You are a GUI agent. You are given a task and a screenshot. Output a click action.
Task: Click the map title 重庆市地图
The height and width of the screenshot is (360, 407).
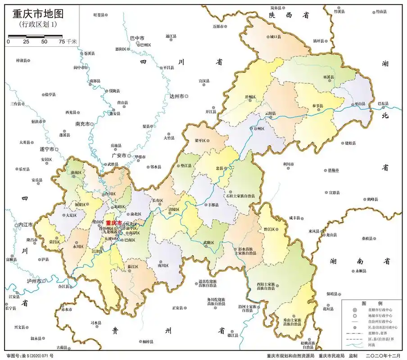(35, 13)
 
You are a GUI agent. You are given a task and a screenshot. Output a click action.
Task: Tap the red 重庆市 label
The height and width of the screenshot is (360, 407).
(113, 223)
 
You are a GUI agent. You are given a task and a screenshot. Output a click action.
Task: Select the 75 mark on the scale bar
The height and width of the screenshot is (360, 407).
(62, 41)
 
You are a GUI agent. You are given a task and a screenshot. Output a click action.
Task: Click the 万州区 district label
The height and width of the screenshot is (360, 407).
(258, 129)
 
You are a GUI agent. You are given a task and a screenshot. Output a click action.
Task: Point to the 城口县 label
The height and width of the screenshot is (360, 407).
(275, 37)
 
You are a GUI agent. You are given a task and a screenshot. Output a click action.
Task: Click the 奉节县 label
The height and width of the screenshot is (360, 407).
(317, 106)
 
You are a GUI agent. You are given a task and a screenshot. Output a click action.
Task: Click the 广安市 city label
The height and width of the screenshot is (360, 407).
(118, 155)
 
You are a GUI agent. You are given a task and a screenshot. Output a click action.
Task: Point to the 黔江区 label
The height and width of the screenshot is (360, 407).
(269, 229)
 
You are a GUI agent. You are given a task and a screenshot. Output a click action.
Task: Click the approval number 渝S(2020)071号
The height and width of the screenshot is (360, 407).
(30, 355)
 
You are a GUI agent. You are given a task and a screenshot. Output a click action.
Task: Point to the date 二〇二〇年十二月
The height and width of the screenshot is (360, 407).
(383, 355)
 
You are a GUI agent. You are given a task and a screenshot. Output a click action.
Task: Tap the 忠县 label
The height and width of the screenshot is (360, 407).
(219, 168)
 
